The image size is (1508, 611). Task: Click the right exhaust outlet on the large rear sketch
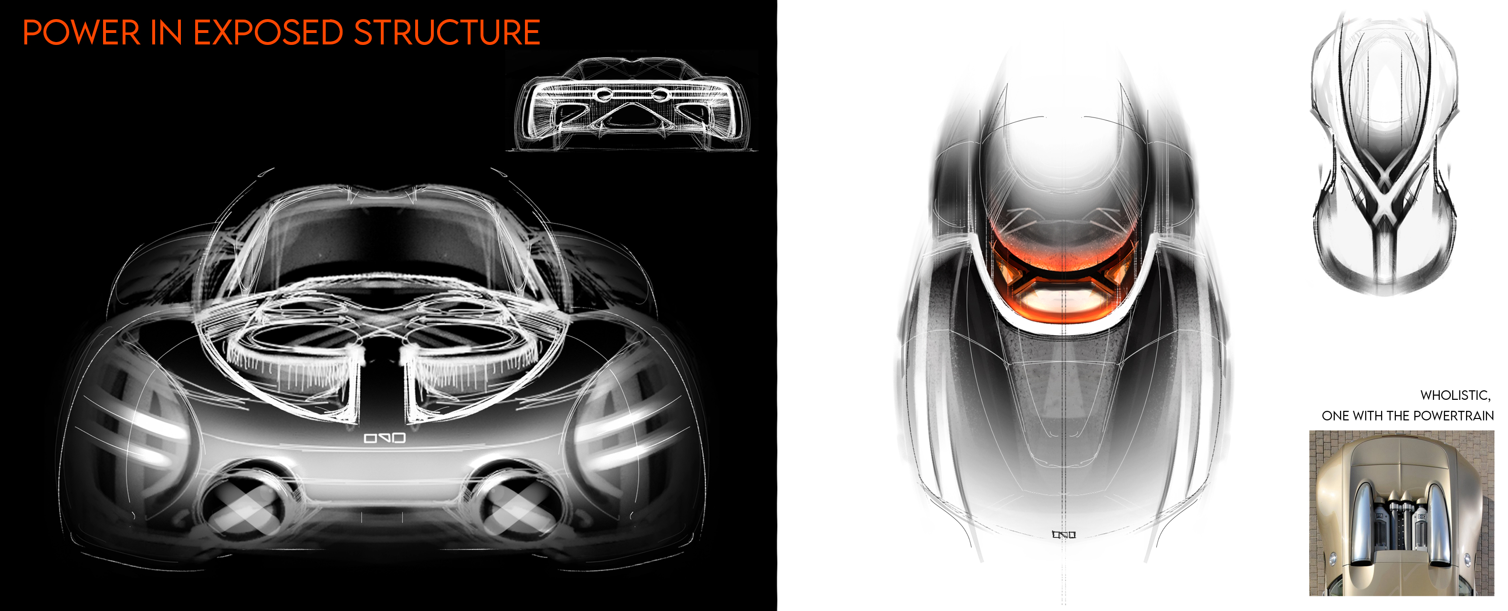coord(515,507)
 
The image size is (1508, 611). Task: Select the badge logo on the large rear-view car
coord(385,438)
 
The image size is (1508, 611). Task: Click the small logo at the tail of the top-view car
coord(1064,534)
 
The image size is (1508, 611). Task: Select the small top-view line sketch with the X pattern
coord(1384,152)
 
